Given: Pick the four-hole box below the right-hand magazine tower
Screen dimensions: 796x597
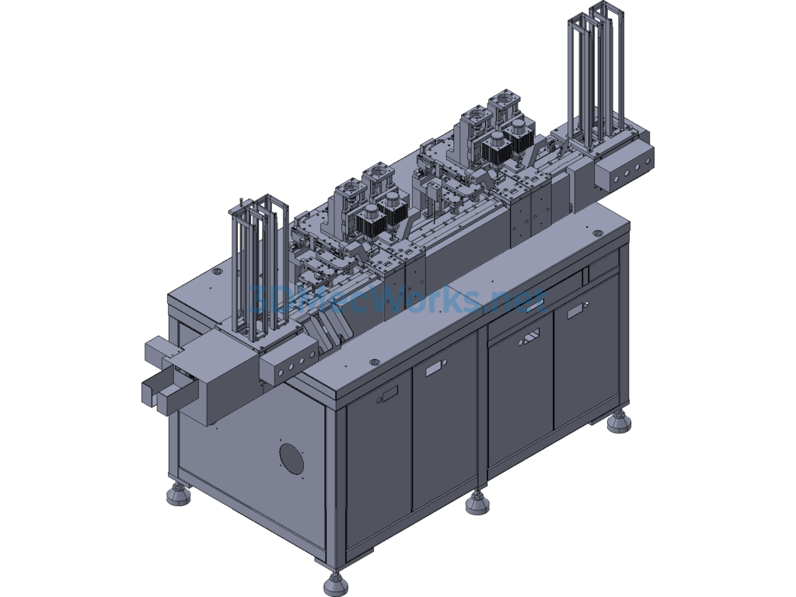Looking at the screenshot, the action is tap(624, 169).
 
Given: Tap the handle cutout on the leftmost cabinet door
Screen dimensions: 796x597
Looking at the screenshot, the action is tap(389, 394).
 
